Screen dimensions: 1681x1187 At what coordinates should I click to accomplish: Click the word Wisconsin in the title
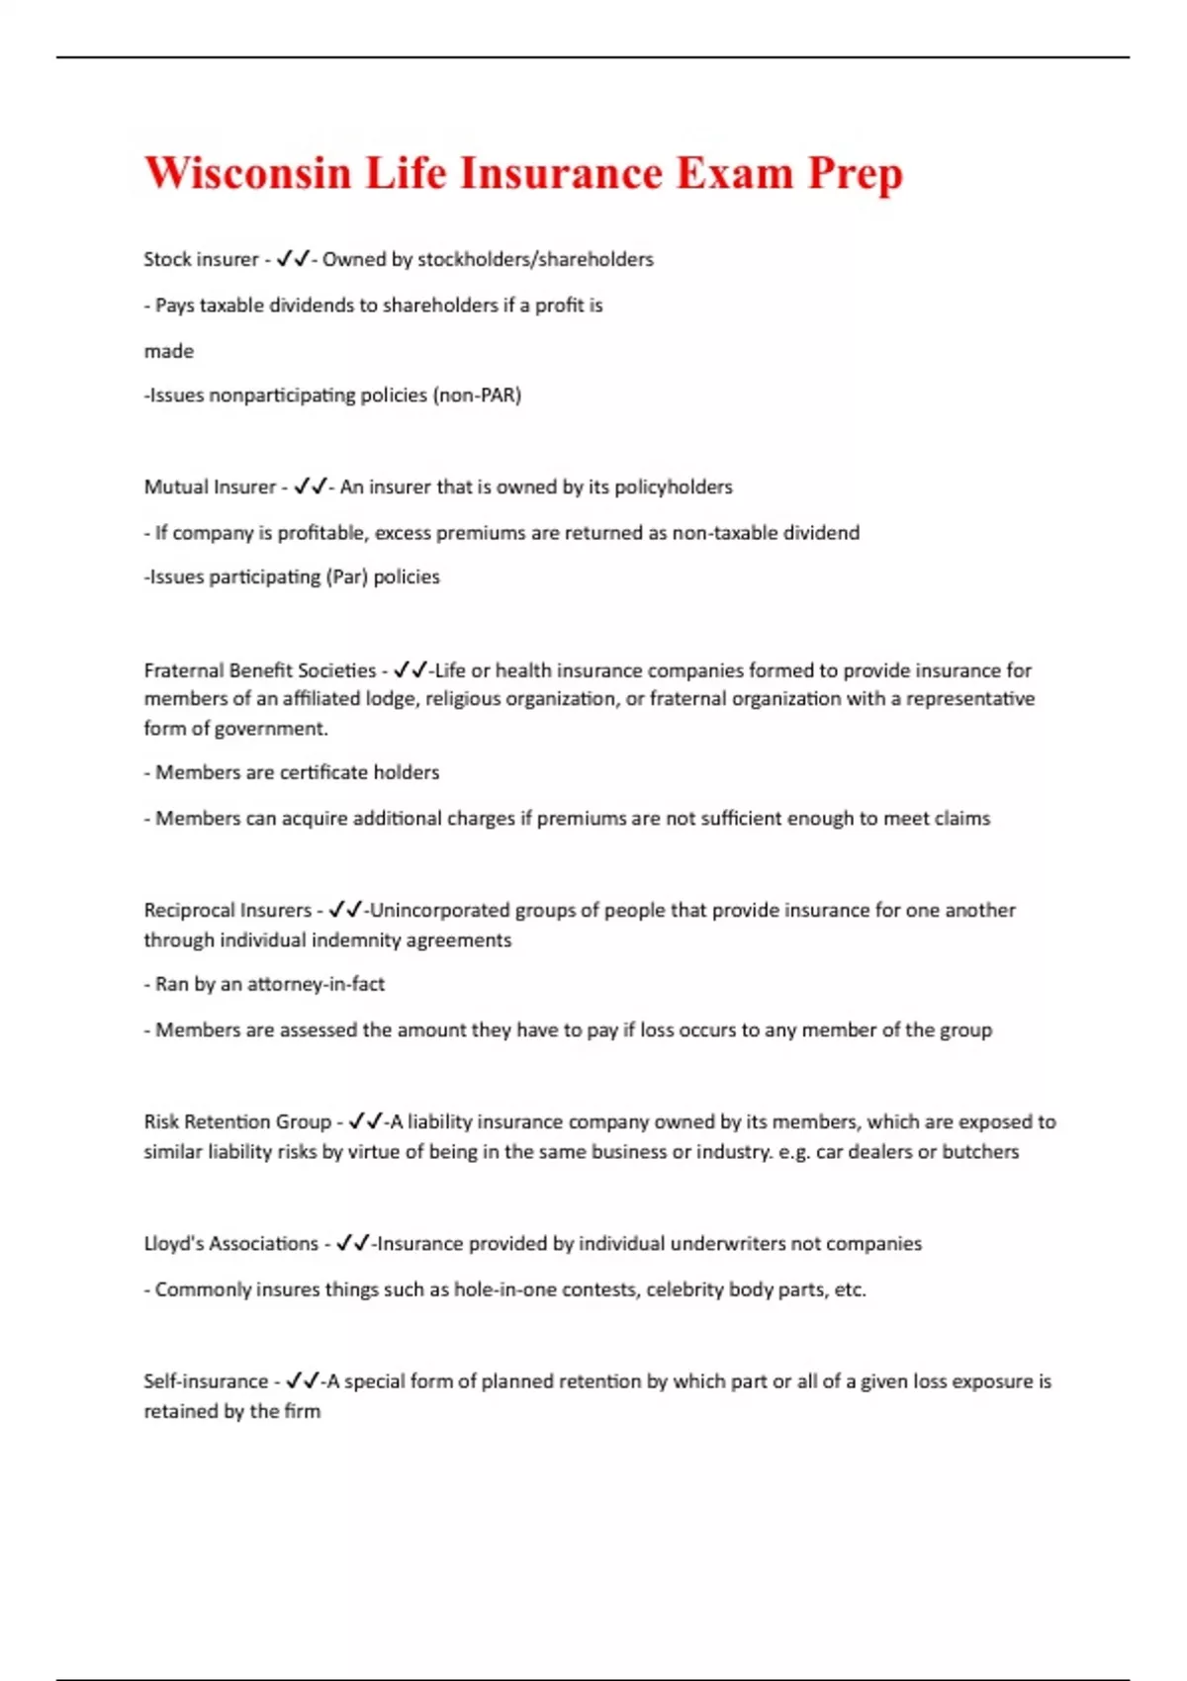point(248,174)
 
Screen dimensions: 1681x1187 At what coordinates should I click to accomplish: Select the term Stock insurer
point(201,259)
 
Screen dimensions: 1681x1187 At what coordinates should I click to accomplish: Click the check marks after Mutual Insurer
point(311,487)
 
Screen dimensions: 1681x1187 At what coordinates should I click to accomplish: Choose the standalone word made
point(169,351)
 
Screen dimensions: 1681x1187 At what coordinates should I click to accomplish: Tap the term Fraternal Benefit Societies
point(260,670)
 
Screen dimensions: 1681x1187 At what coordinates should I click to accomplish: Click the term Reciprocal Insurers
point(228,910)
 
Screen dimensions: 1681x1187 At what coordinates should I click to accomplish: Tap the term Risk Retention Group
point(237,1122)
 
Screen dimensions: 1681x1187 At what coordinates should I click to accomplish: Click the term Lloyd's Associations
point(231,1244)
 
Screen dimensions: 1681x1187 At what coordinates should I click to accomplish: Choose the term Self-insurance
point(206,1381)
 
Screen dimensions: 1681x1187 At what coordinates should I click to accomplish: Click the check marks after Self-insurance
point(302,1381)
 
